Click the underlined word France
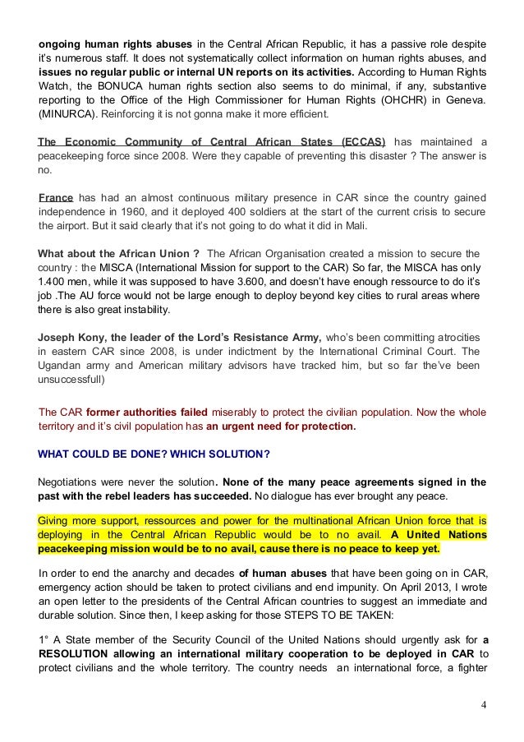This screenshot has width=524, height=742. (x=57, y=198)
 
